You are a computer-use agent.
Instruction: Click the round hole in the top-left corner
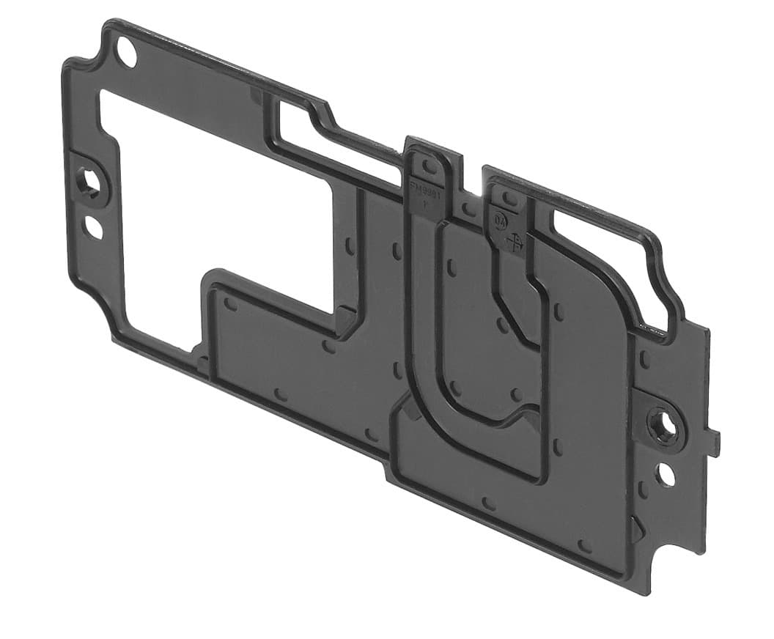(127, 53)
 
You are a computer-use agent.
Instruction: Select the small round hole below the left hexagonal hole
(94, 227)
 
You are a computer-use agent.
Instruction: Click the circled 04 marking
(501, 219)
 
